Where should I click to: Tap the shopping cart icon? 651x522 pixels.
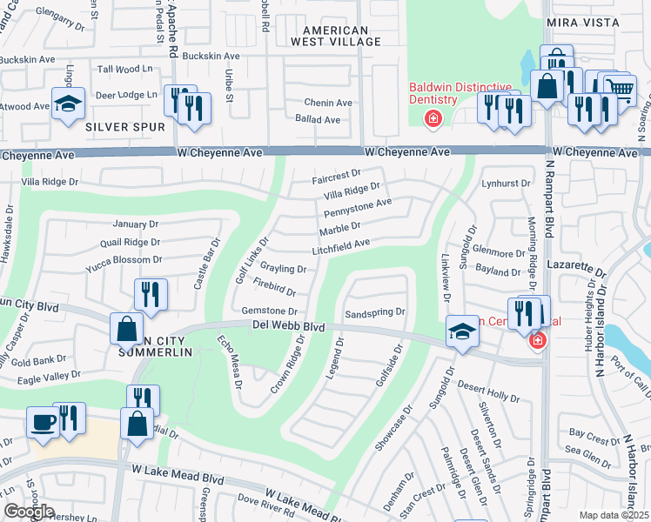tap(619, 89)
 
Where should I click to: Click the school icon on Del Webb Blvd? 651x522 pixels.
tap(462, 331)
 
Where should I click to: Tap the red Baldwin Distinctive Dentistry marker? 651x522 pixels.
tap(431, 118)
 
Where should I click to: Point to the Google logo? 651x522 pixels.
tap(29, 512)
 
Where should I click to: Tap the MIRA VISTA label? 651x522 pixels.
tap(582, 22)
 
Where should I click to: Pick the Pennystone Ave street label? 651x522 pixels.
tap(358, 208)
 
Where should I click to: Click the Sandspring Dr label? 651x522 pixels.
tap(376, 311)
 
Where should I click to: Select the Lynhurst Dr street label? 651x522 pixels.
tap(506, 184)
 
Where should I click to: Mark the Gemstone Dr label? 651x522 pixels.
tap(270, 311)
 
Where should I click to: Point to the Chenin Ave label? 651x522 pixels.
tap(327, 103)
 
